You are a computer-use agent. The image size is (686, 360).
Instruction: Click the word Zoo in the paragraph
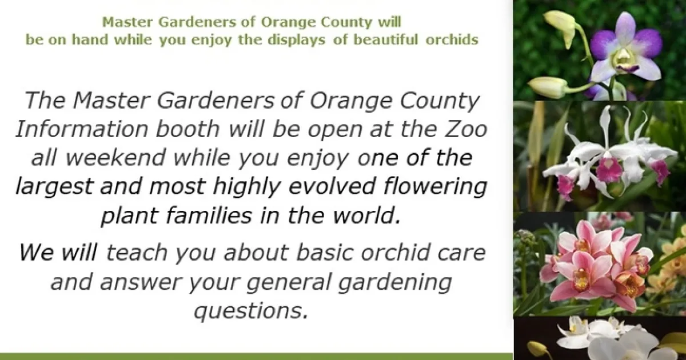[466, 129]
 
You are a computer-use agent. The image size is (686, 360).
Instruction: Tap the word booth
[188, 129]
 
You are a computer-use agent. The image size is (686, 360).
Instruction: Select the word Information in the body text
[82, 129]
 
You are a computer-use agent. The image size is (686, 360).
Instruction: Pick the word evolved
[332, 186]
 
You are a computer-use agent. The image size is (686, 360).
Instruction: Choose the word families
[209, 215]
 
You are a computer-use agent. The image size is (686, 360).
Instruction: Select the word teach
[137, 253]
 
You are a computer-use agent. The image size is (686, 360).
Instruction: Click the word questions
[251, 311]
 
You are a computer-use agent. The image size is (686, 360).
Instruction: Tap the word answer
[141, 282]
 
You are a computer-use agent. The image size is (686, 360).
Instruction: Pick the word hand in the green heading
[90, 39]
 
